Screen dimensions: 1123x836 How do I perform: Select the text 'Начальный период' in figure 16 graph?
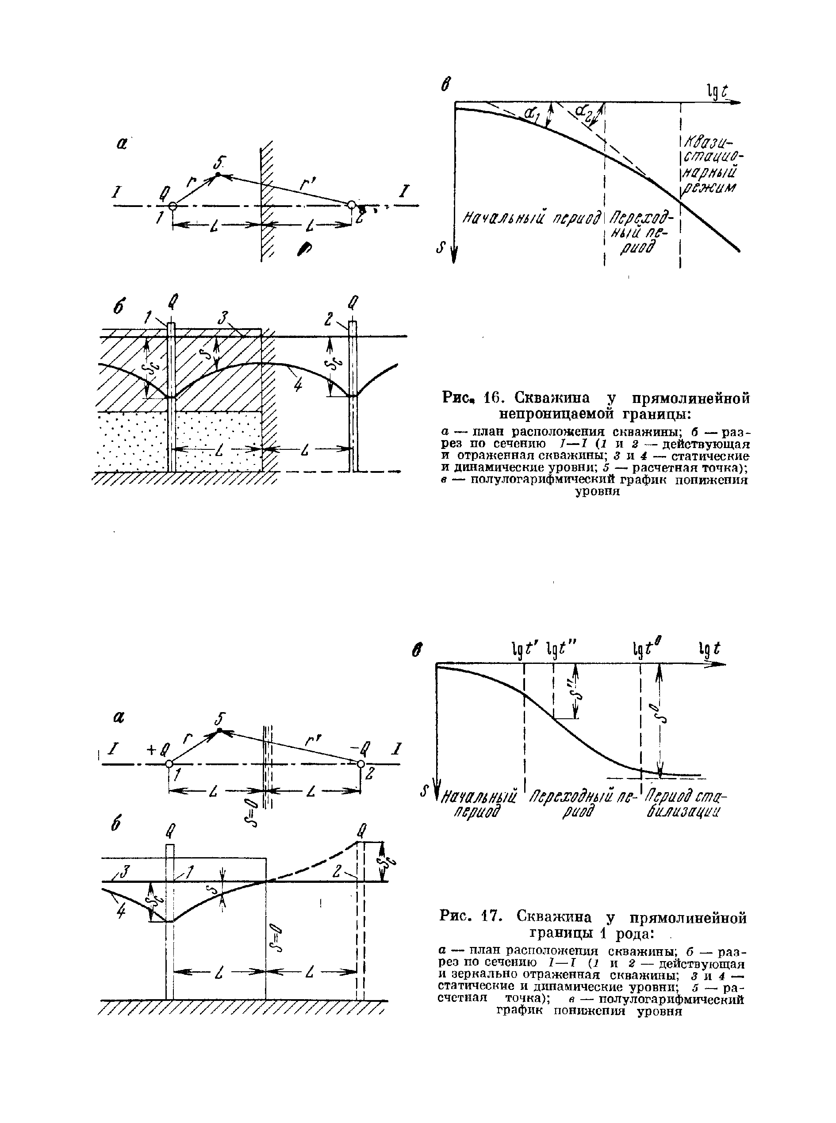pos(531,218)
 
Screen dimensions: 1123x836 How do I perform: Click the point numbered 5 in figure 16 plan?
pos(218,175)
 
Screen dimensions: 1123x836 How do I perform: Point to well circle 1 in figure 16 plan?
pos(173,206)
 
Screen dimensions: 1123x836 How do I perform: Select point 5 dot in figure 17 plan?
pos(219,731)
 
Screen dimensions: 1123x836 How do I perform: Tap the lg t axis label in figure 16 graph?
pos(717,91)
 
